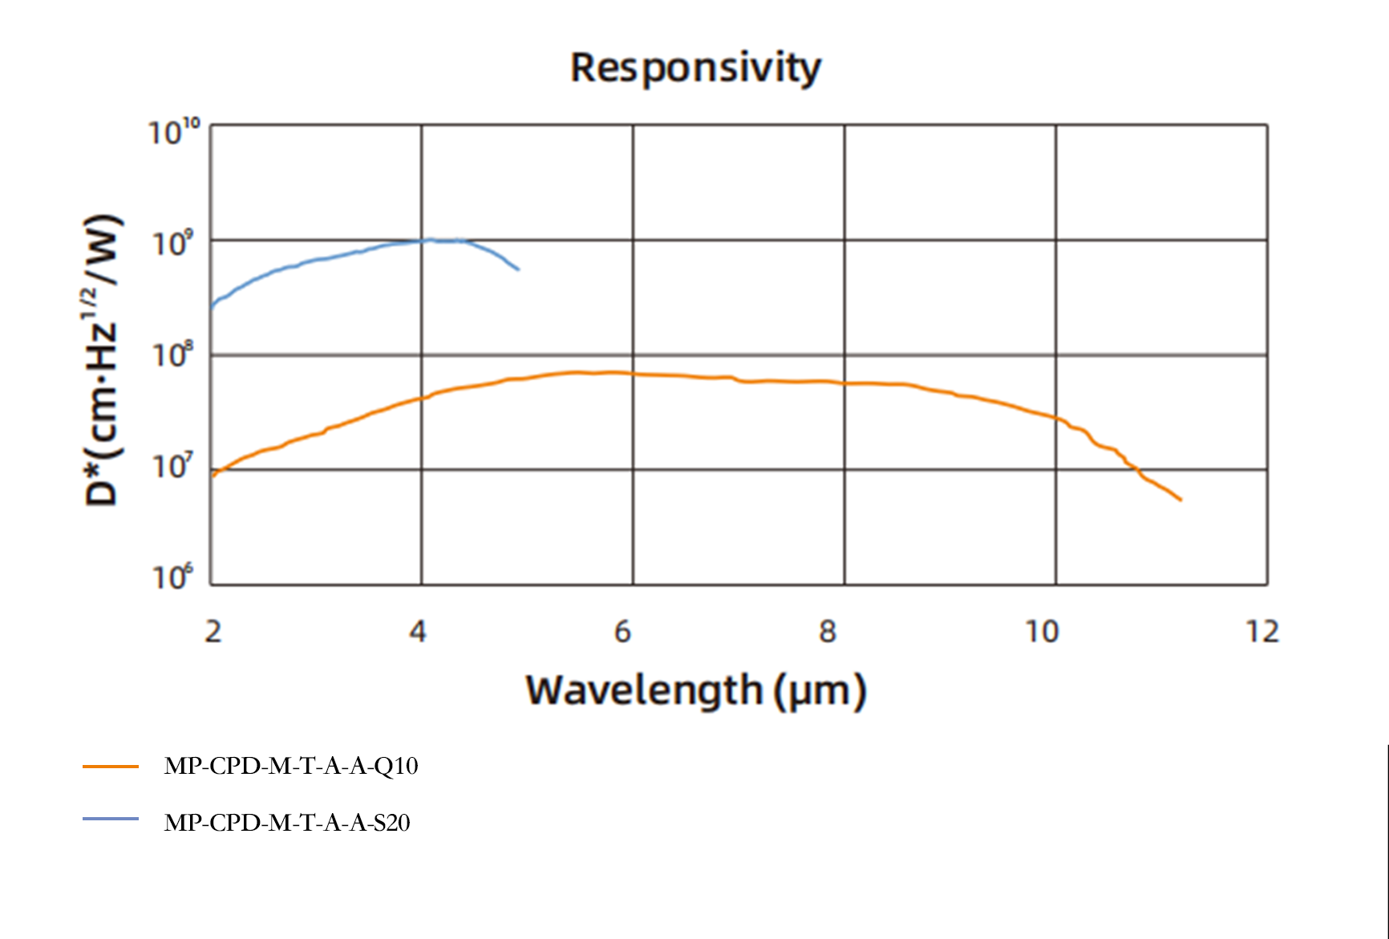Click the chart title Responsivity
pos(695,67)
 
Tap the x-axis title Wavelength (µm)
pos(695,690)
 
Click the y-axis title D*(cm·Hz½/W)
pos(103,360)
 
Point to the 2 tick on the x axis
pos(213,632)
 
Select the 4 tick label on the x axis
pos(418,632)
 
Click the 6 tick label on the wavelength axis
pos(623,632)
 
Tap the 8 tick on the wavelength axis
pos(828,632)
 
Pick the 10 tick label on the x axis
pos(1043,632)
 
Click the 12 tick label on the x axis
pos(1262,632)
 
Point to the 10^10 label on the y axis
pos(173,132)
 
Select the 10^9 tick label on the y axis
pos(172,243)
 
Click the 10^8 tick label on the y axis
pos(172,354)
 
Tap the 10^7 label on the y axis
pos(172,466)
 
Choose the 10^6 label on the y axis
pos(172,577)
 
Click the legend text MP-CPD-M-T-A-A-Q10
pos(291,766)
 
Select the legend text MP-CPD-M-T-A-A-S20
pos(287,823)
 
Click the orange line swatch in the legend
pos(111,767)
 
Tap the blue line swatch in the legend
pos(111,819)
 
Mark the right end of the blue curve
pos(518,269)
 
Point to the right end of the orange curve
pos(1180,500)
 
